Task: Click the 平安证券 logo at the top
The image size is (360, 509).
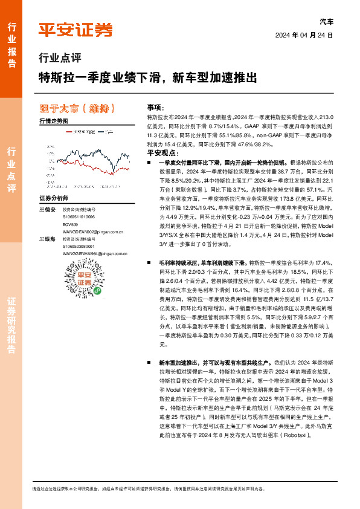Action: click(76, 29)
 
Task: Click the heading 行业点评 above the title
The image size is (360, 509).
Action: click(59, 59)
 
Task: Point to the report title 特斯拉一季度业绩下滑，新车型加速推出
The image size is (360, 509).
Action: click(147, 78)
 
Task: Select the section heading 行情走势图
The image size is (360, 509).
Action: click(53, 122)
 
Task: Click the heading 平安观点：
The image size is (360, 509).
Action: click(160, 154)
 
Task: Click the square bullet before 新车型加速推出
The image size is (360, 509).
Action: click(149, 361)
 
